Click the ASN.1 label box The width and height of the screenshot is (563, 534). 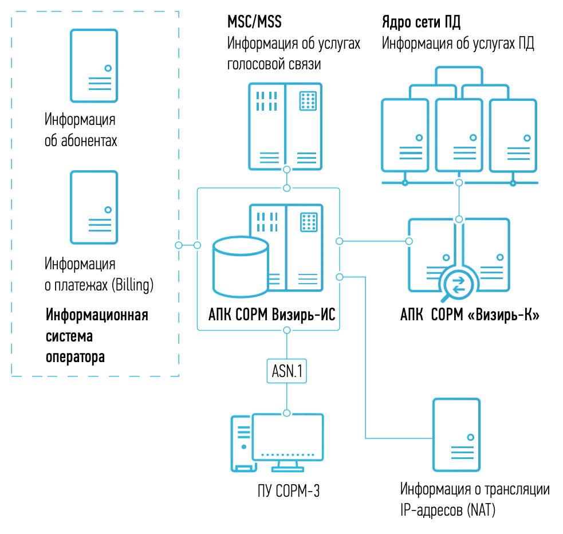click(286, 371)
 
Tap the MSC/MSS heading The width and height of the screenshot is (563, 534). click(255, 23)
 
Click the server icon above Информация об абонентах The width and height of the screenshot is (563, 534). click(94, 66)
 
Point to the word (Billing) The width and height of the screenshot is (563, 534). click(133, 285)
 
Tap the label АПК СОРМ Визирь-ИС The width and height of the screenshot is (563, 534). click(272, 314)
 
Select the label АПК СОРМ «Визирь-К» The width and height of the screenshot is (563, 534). click(470, 315)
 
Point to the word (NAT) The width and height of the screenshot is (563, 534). click(481, 509)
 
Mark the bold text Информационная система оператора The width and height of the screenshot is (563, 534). click(97, 336)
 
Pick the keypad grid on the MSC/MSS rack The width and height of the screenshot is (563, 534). click(309, 100)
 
